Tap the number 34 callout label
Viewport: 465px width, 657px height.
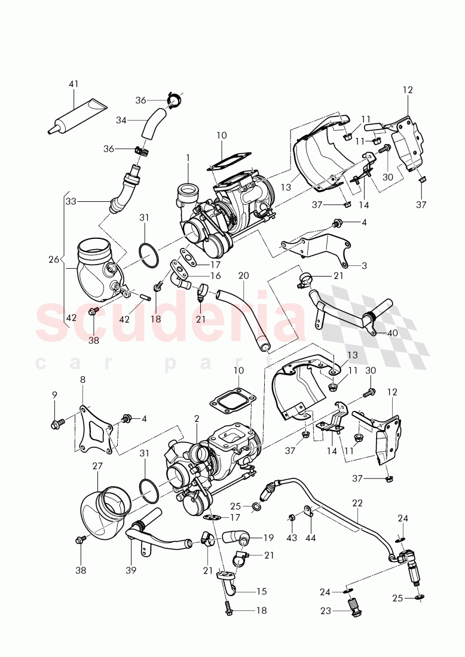[121, 120]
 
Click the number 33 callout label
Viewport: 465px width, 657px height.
[71, 202]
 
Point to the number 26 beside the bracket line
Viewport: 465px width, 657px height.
[54, 259]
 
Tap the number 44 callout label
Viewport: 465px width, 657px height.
[310, 537]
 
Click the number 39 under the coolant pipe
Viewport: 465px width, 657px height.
[131, 570]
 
